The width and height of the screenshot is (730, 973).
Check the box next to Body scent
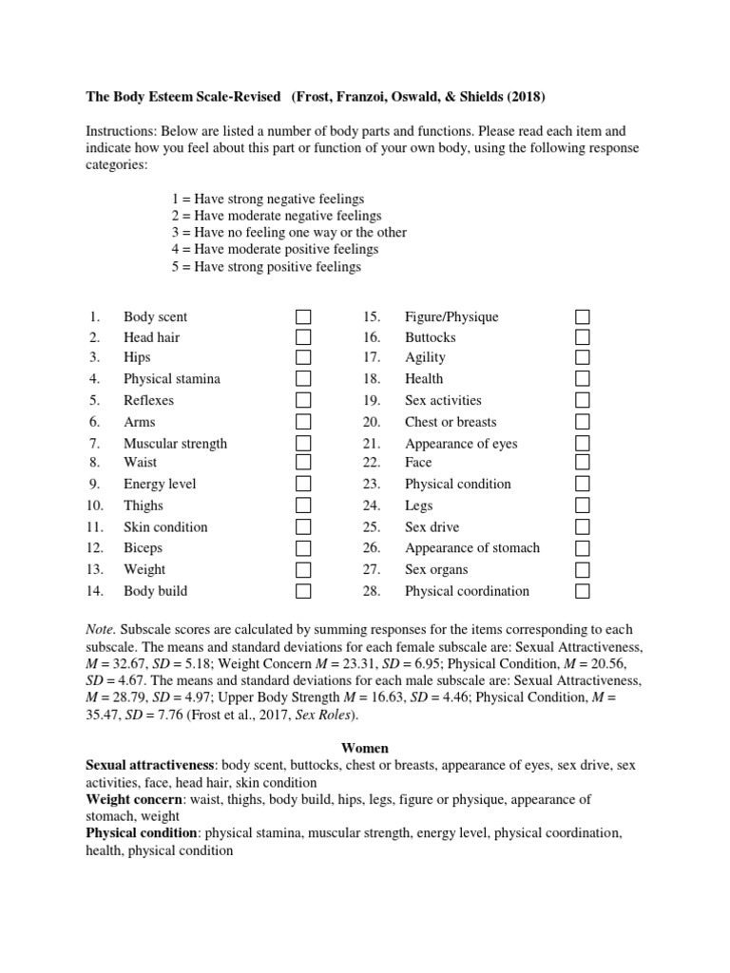point(303,316)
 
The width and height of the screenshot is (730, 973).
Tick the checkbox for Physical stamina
point(303,379)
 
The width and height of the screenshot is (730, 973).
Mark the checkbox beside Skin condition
point(303,526)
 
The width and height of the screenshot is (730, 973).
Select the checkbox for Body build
point(303,591)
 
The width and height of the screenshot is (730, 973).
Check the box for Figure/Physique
point(583,316)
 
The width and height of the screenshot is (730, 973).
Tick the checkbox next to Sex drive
point(583,526)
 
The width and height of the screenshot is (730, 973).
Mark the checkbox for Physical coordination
point(583,591)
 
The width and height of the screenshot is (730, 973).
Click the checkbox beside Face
point(583,463)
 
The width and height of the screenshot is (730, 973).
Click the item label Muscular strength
point(175,444)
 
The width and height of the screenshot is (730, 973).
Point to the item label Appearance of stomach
point(471,548)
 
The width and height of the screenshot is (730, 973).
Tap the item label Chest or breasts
point(451,422)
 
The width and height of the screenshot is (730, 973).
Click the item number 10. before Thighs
point(95,506)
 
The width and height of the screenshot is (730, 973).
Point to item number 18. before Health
point(371,379)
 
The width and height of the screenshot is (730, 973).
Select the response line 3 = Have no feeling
point(288,233)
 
